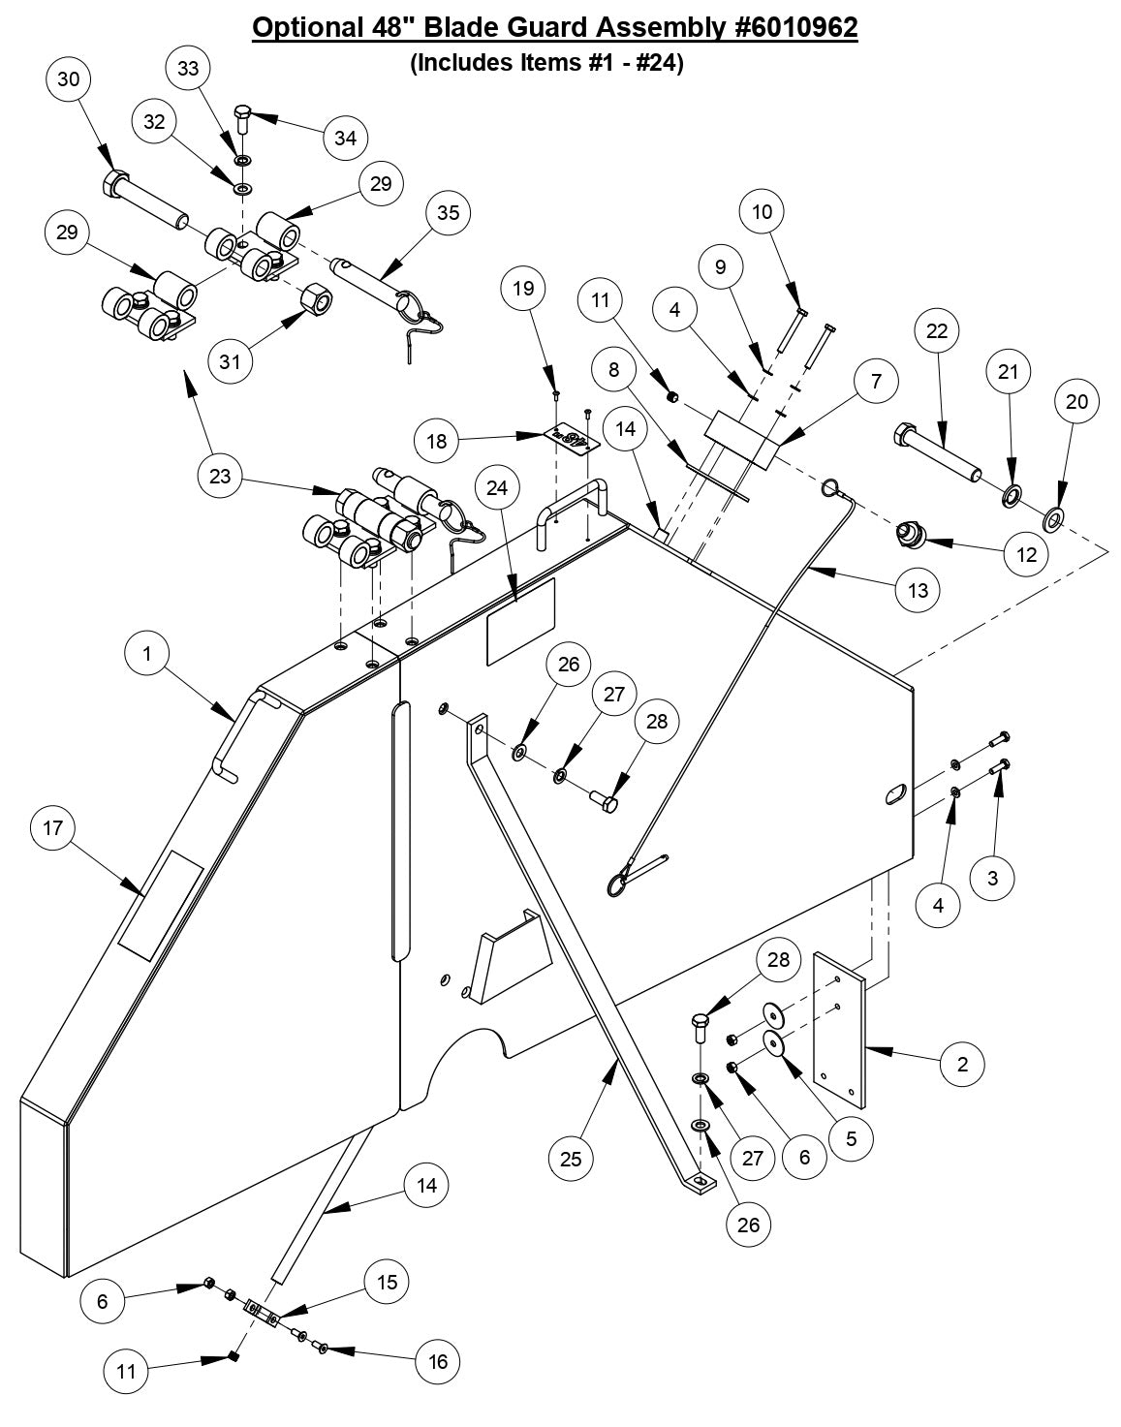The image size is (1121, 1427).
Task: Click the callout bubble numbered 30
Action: click(69, 79)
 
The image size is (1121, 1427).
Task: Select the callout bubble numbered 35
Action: click(448, 212)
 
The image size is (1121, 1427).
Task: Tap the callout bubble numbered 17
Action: click(53, 827)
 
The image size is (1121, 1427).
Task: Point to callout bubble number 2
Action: click(962, 1064)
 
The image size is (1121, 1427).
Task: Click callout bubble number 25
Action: click(571, 1158)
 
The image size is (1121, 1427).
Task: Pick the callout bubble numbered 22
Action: click(937, 332)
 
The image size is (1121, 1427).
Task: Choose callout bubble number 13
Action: click(918, 589)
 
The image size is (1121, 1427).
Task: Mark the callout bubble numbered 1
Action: click(147, 654)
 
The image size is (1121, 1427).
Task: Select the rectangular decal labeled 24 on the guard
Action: click(520, 621)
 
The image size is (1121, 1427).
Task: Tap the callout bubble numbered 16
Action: click(438, 1361)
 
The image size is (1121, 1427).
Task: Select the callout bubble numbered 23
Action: click(220, 476)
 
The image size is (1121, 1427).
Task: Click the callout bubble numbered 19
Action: click(523, 289)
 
